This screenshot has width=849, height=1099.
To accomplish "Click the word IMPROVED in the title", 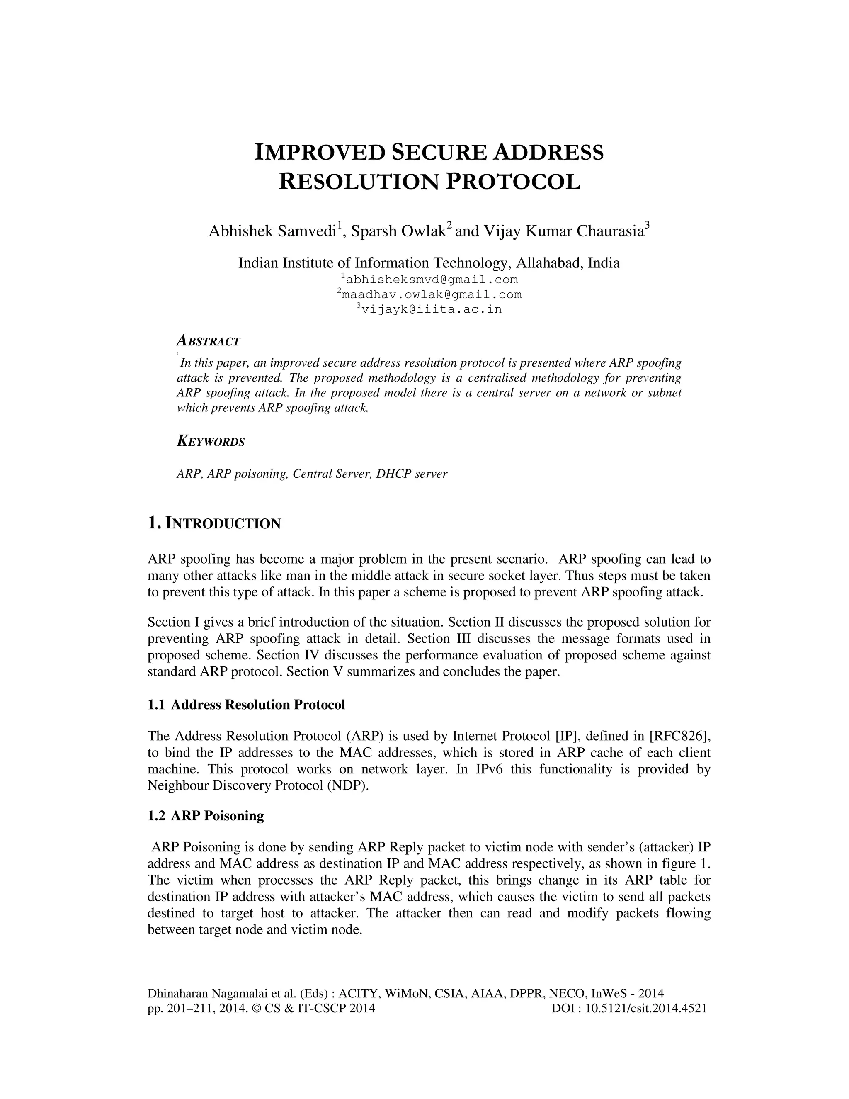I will click(320, 153).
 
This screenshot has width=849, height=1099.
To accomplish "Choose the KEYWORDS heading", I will click(211, 442).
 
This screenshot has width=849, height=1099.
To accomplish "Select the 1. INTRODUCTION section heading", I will click(214, 523).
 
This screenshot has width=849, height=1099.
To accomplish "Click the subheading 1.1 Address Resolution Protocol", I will click(247, 705).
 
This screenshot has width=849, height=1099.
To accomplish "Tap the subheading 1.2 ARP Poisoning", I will click(206, 816).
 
